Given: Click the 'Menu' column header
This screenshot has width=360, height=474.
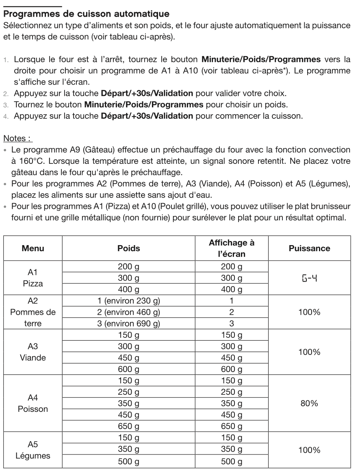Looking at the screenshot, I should coord(33,248).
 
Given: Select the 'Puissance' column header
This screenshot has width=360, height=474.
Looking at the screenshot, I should coord(309,248).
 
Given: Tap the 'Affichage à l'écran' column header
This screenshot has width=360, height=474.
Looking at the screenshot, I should coord(231,248).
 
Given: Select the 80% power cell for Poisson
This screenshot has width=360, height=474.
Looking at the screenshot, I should coord(309,404).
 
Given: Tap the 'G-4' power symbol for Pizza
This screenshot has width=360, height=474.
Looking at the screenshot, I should coord(309,278).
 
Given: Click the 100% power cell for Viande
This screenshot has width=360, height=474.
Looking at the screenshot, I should coord(309,352).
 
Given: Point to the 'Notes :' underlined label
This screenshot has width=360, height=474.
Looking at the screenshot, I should coord(17,139).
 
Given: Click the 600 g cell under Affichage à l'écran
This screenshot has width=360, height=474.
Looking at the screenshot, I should coord(231,370).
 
